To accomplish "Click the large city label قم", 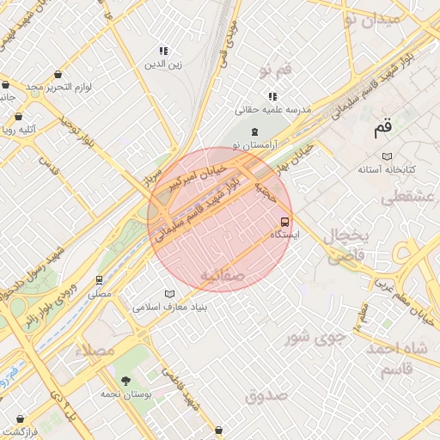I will click(x=382, y=131).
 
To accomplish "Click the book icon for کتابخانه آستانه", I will click(x=387, y=156).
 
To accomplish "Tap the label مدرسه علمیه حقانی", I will click(x=272, y=110).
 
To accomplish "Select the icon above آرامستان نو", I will click(x=254, y=131).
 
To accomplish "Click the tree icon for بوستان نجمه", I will click(x=126, y=380).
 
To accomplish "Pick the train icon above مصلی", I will click(x=100, y=280).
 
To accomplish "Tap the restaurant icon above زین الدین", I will click(x=162, y=51).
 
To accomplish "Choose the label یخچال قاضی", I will click(x=345, y=245).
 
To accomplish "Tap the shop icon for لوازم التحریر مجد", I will click(x=58, y=75).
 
